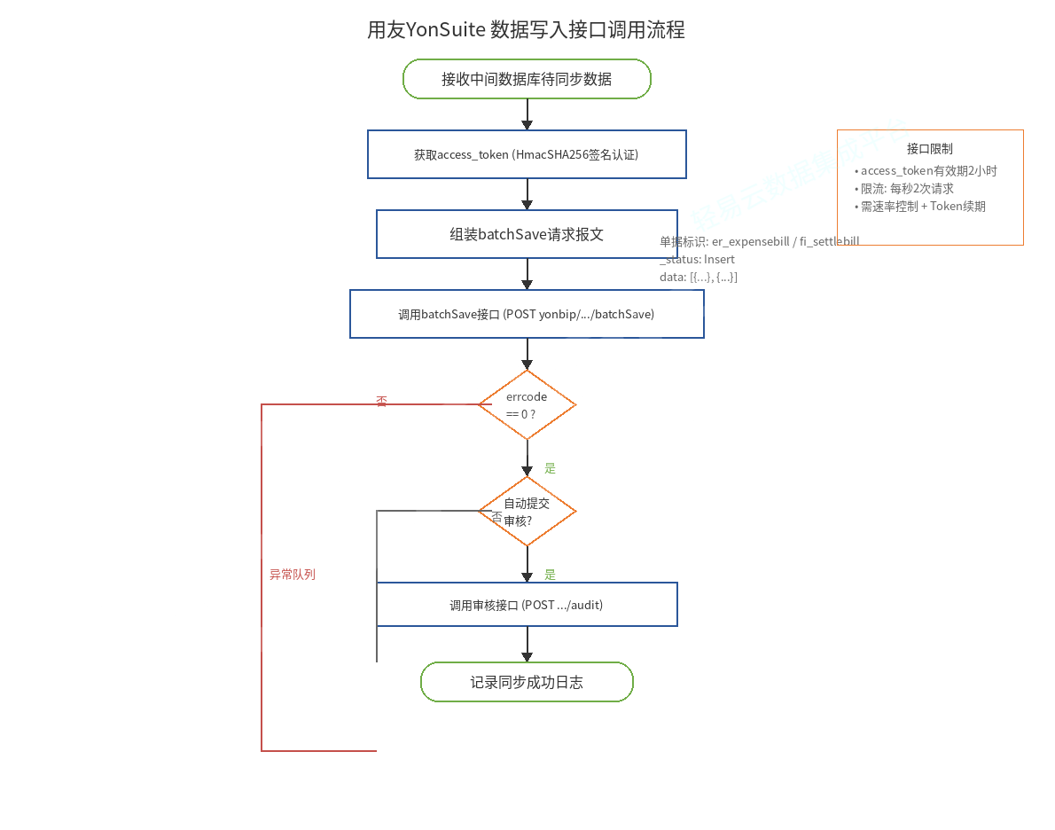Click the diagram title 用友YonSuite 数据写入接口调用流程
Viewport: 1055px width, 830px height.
526,30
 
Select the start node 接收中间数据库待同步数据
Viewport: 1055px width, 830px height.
527,79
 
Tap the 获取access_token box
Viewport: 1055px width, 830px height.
527,154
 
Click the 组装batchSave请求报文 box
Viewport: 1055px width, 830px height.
527,234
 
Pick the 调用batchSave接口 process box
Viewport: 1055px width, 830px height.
527,314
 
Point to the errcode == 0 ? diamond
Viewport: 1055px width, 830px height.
527,405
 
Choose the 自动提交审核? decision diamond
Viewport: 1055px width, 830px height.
527,512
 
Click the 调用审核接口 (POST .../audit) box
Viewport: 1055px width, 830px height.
527,605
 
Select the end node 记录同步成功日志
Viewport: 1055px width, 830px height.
527,682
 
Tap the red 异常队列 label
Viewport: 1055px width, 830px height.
293,575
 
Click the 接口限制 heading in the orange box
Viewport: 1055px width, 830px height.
929,149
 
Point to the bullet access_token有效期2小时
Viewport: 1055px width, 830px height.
928,170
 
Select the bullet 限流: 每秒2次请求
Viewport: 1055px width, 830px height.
906,188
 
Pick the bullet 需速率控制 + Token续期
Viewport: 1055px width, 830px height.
922,206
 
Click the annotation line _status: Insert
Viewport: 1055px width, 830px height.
697,259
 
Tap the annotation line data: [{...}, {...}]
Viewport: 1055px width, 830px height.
699,277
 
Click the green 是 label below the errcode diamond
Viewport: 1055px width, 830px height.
550,468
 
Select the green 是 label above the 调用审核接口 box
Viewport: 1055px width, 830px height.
550,575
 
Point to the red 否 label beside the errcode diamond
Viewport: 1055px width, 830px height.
381,402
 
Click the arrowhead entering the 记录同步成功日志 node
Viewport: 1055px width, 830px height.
527,657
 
